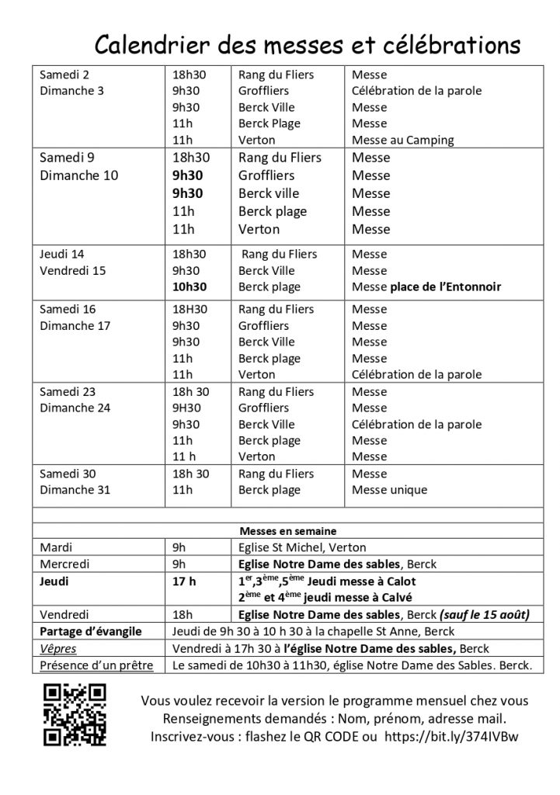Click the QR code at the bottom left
(x=74, y=714)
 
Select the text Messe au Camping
(x=402, y=141)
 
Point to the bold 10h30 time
(x=189, y=287)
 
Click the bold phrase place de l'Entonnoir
(x=445, y=287)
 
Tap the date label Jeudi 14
(x=61, y=255)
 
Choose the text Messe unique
(x=389, y=490)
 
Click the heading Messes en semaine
(x=287, y=532)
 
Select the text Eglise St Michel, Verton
(x=302, y=547)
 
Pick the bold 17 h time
(x=185, y=581)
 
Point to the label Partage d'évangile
(x=90, y=632)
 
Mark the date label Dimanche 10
(x=79, y=175)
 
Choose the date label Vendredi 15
(x=72, y=271)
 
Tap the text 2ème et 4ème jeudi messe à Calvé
(x=326, y=598)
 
